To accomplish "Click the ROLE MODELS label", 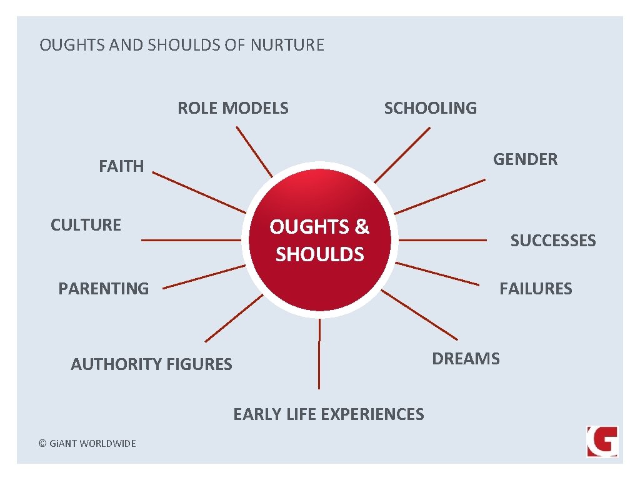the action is (233, 108).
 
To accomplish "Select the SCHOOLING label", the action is (430, 108).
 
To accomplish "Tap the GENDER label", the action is (525, 159).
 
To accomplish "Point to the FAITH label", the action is (121, 166).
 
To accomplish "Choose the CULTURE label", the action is (86, 225).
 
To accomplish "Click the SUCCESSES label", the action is (553, 241).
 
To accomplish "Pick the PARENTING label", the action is (103, 289).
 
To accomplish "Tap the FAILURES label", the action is (536, 289).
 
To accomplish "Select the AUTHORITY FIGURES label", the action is (151, 364).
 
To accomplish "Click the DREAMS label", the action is (466, 359).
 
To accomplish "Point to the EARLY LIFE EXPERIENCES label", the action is (328, 414).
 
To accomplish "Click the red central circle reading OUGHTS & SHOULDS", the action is (320, 241).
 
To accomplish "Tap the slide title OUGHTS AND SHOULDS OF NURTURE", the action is (182, 45).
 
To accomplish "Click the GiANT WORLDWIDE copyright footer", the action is (87, 443).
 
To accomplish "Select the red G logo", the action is (602, 441).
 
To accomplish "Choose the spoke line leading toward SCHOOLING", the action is (402, 154).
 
